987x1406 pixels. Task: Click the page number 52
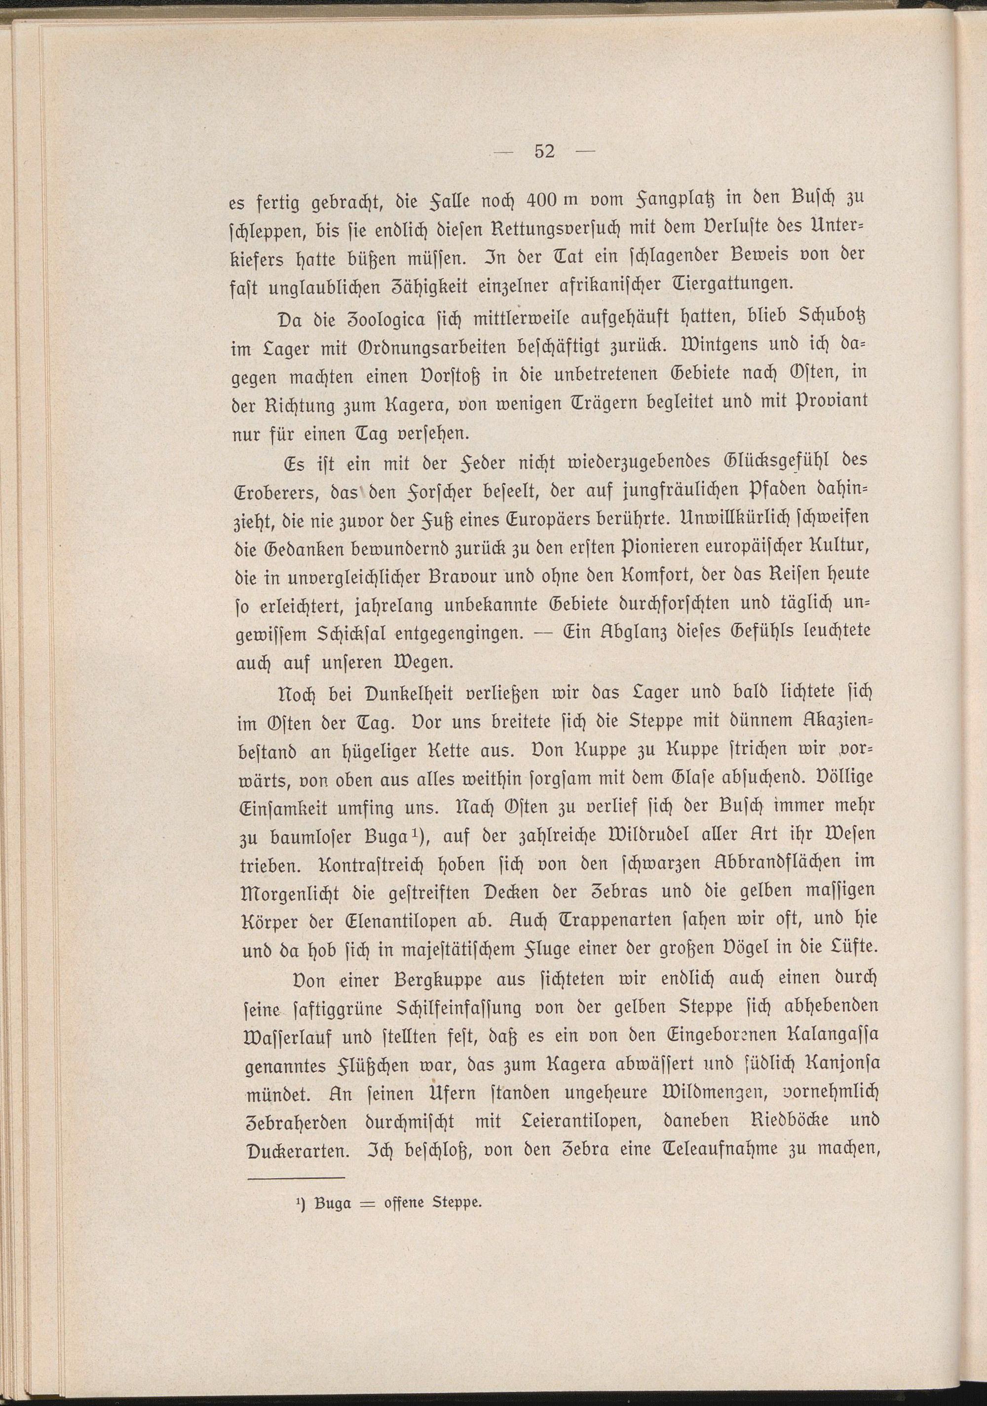pos(544,151)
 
